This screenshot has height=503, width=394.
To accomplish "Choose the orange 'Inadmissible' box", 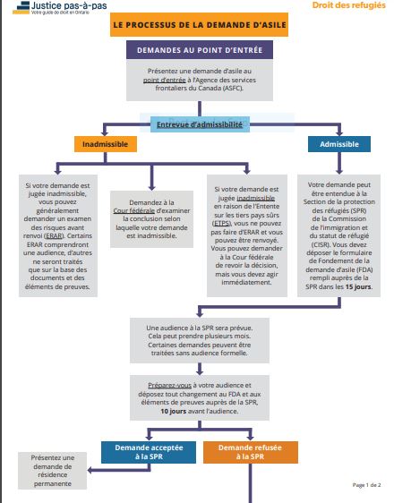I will pyautogui.click(x=105, y=143).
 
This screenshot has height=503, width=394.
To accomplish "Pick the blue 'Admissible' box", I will pyautogui.click(x=339, y=143).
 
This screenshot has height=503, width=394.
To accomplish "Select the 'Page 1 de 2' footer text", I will pyautogui.click(x=366, y=484).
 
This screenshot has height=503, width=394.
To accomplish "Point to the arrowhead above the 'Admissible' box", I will pyautogui.click(x=339, y=132).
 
